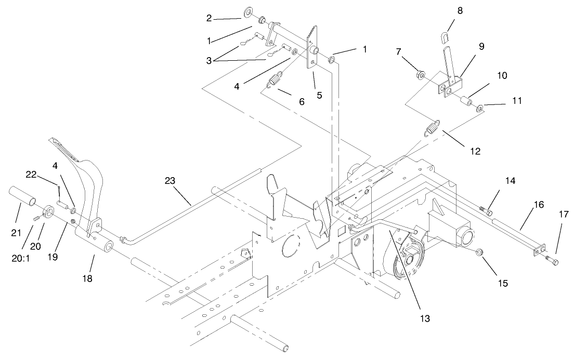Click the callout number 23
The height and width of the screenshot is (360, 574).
171,181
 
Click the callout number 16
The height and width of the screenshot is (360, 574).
538,205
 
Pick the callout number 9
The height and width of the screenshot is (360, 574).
481,46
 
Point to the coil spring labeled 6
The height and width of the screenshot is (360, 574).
275,81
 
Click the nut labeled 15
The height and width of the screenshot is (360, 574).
479,253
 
